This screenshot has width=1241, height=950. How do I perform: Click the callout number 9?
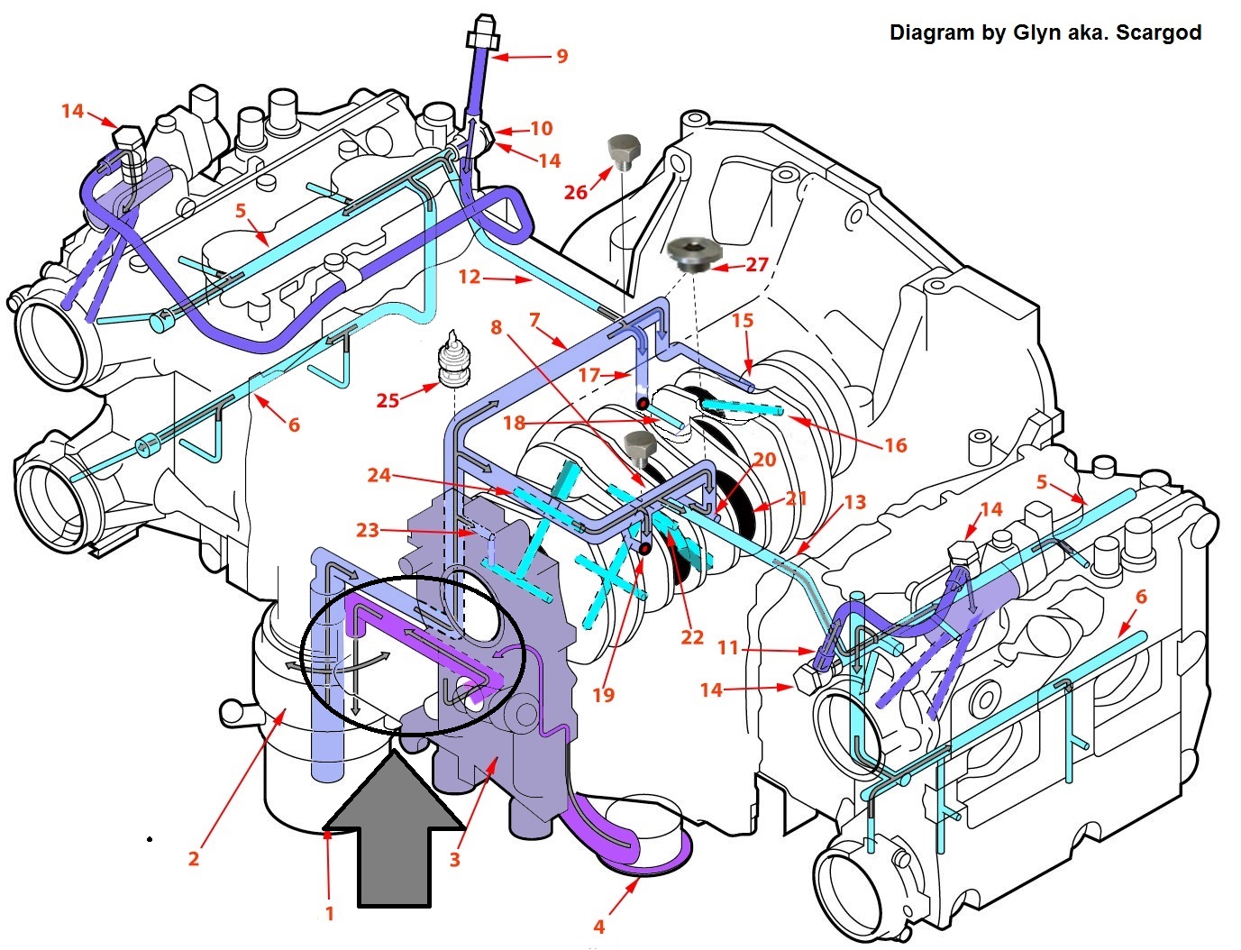562,56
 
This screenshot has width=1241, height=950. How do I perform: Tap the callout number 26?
576,191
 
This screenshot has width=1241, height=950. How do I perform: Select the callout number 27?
756,264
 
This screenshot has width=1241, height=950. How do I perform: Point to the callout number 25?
388,399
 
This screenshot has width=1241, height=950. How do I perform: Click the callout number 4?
599,926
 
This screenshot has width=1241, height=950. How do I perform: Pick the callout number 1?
330,913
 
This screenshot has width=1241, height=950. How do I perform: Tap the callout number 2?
194,857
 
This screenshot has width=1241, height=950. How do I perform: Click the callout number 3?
455,859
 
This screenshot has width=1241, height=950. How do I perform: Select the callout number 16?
895,444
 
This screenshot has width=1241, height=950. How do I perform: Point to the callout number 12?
470,277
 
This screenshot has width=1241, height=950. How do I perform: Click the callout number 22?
692,637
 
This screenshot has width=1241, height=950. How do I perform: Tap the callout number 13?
854,502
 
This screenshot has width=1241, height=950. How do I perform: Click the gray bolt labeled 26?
622,151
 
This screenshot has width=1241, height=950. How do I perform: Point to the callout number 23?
367,530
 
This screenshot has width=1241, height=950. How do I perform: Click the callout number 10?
541,128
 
